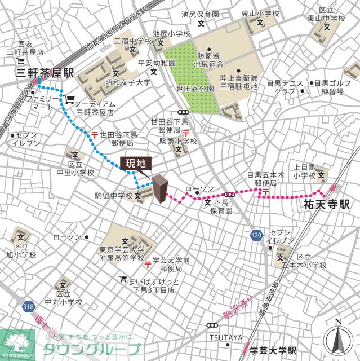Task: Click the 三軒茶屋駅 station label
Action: (37, 73)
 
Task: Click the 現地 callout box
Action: (135, 164)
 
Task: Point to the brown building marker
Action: (161, 190)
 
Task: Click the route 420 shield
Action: (256, 234)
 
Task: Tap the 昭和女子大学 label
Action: (128, 82)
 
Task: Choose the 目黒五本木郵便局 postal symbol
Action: (263, 193)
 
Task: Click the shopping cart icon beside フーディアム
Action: (69, 100)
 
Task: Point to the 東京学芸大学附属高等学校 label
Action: (122, 254)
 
